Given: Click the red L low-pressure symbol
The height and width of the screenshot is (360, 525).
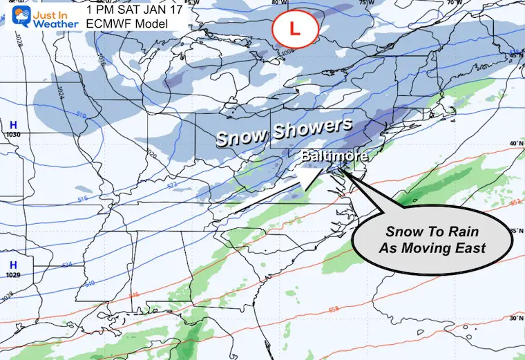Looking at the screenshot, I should pyautogui.click(x=294, y=29).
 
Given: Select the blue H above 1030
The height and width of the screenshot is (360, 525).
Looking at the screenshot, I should pyautogui.click(x=11, y=124).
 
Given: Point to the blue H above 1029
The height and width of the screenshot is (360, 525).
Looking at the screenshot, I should pyautogui.click(x=12, y=265).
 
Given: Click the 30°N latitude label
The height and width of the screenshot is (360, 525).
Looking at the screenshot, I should pyautogui.click(x=515, y=319).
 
